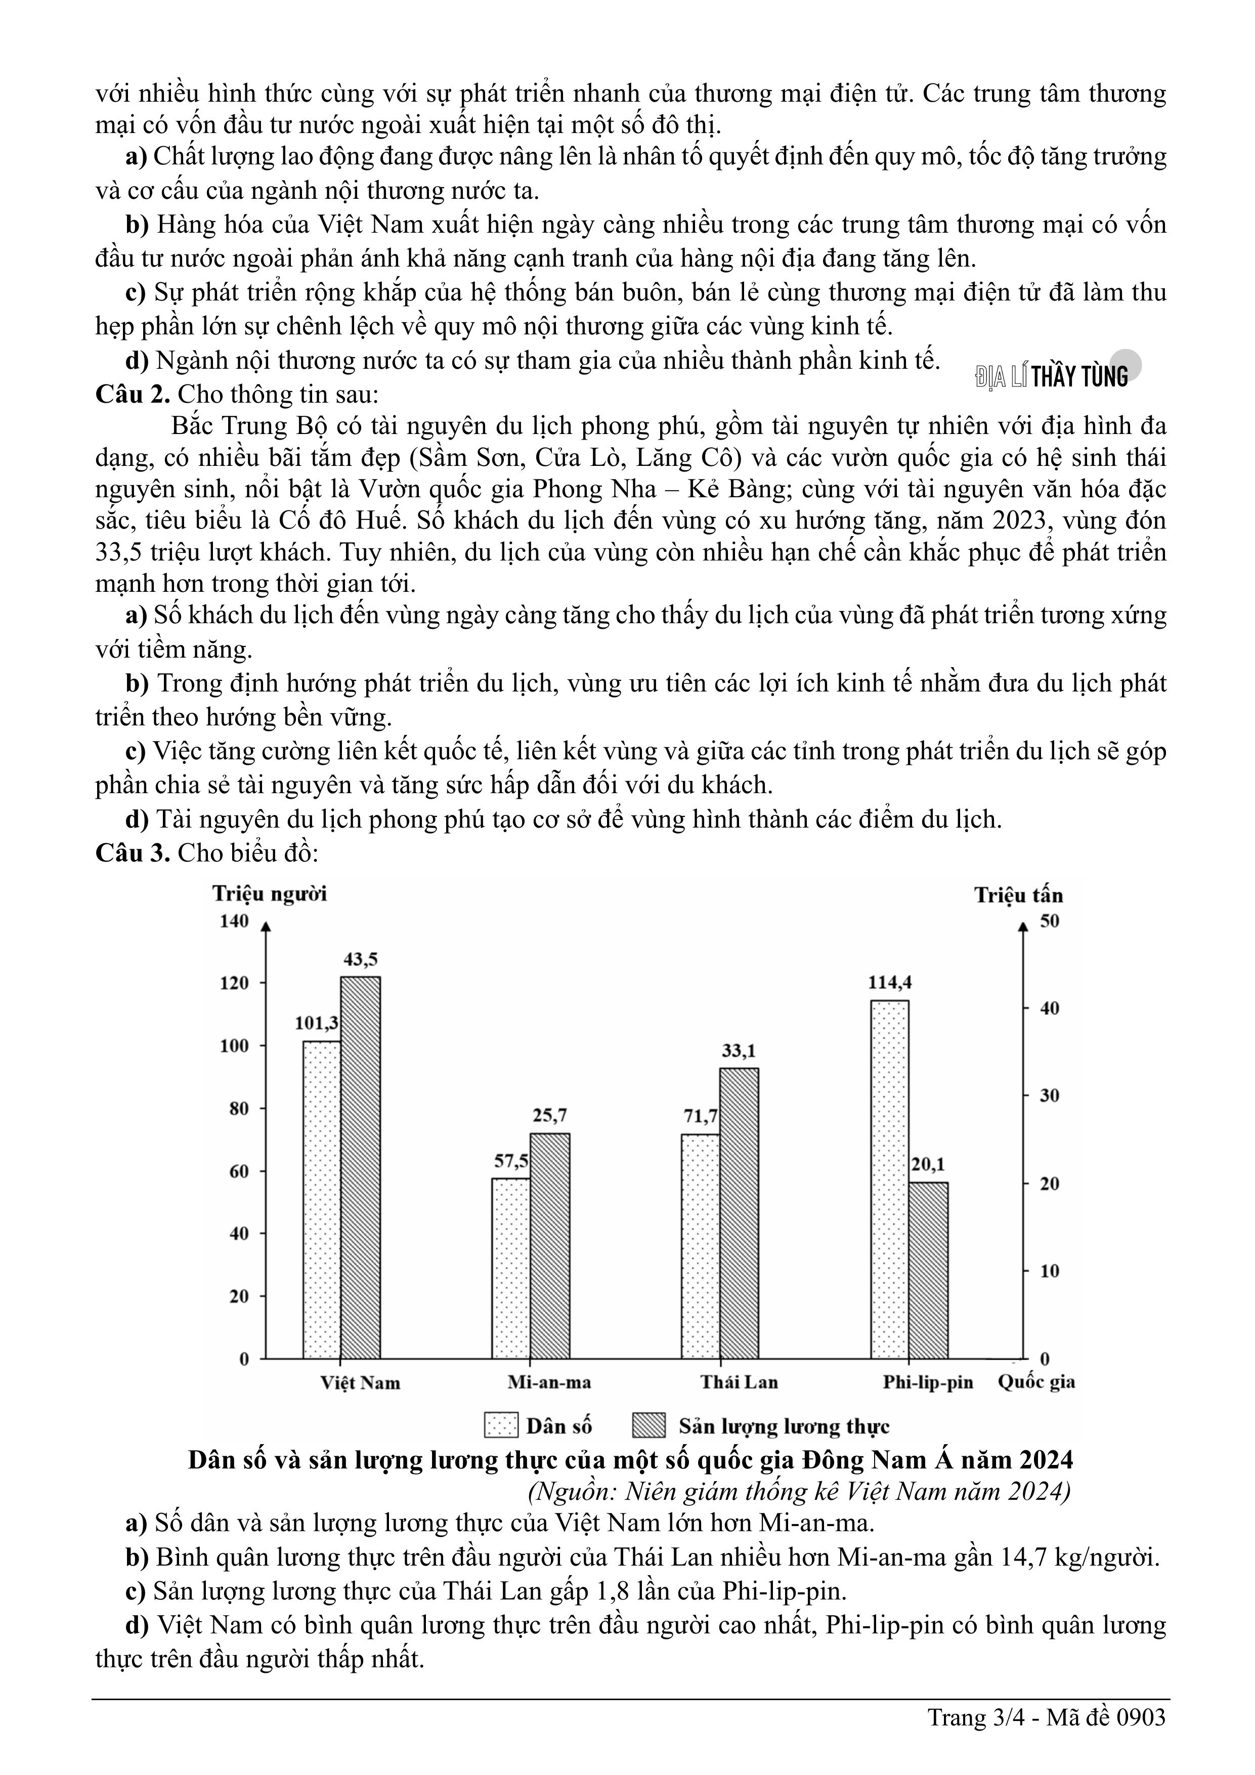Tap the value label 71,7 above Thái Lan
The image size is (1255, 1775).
(x=701, y=1116)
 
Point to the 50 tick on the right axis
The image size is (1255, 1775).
(x=1049, y=921)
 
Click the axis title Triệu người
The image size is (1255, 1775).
(x=270, y=894)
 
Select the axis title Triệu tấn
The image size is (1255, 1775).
(x=1018, y=895)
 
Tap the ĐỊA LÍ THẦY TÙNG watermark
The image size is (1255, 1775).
(x=1052, y=376)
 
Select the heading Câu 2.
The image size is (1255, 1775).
(x=132, y=394)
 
